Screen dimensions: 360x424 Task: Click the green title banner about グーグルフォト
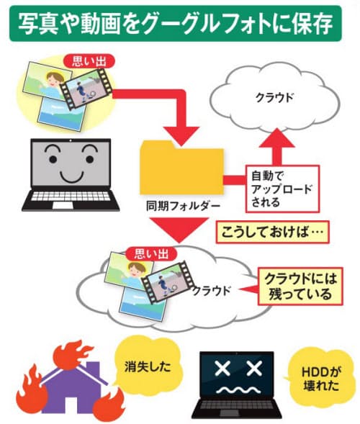pos(176,23)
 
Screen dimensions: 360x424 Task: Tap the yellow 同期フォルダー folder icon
pos(181,168)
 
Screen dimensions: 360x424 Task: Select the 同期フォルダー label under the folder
pos(183,207)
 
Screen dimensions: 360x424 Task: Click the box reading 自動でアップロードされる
pos(283,189)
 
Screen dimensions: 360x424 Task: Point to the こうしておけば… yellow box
pos(272,232)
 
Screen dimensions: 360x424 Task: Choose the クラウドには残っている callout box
pos(300,287)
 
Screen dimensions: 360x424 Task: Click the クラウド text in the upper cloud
pos(274,98)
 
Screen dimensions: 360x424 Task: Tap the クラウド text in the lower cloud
pos(212,291)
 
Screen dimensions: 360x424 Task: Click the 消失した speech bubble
pos(148,366)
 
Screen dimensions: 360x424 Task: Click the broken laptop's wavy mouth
pos(236,389)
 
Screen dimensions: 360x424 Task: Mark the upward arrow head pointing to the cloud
pos(277,138)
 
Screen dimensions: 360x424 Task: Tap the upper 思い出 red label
pos(89,62)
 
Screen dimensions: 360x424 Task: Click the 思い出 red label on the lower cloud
pos(151,254)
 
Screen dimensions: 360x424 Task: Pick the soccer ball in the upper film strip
pos(93,94)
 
